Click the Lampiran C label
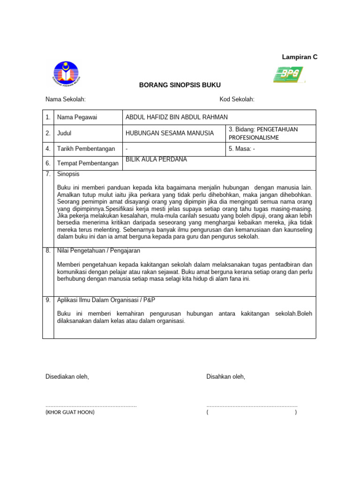coord(300,57)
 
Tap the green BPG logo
coord(289,75)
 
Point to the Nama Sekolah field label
coord(65,99)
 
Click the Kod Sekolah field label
coord(237,99)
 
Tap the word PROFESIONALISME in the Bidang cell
coord(254,137)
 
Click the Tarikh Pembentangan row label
coord(86,149)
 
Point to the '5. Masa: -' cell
coord(242,149)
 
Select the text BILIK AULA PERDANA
coord(156,159)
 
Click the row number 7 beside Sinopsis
coord(48,174)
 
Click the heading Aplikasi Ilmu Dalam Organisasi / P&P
coord(109,300)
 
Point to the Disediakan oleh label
coord(67,377)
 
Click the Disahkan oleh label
coord(225,377)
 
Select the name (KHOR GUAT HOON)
coord(70,412)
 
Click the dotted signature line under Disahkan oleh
coord(252,405)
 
